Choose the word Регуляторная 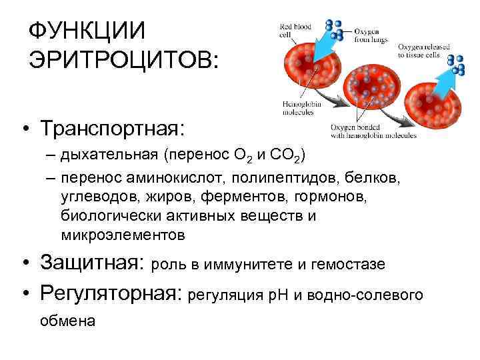click(111, 293)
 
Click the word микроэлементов click(121, 235)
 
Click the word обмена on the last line click(67, 321)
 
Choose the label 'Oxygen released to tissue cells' click(423, 51)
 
